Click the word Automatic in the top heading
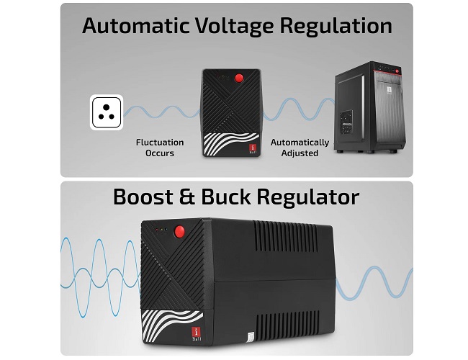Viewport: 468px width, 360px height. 136,26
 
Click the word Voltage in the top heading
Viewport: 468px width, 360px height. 234,27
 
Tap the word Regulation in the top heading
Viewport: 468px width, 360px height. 336,27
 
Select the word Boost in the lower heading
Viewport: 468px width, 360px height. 143,197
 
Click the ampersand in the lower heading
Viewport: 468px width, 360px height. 187,197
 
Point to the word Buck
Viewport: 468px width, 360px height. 226,197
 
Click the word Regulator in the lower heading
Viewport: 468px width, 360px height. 308,198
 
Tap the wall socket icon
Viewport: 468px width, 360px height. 107,112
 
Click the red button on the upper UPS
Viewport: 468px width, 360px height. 239,78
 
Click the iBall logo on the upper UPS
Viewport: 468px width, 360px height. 253,149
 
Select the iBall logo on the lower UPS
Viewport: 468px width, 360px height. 197,334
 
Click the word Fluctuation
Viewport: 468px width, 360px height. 160,143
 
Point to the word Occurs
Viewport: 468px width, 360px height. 160,153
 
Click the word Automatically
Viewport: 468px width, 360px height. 300,143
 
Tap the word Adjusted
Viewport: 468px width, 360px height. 300,153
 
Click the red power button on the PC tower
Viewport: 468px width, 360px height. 397,71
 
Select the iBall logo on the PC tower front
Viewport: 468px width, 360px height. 390,91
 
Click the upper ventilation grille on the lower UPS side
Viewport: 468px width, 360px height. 286,236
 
